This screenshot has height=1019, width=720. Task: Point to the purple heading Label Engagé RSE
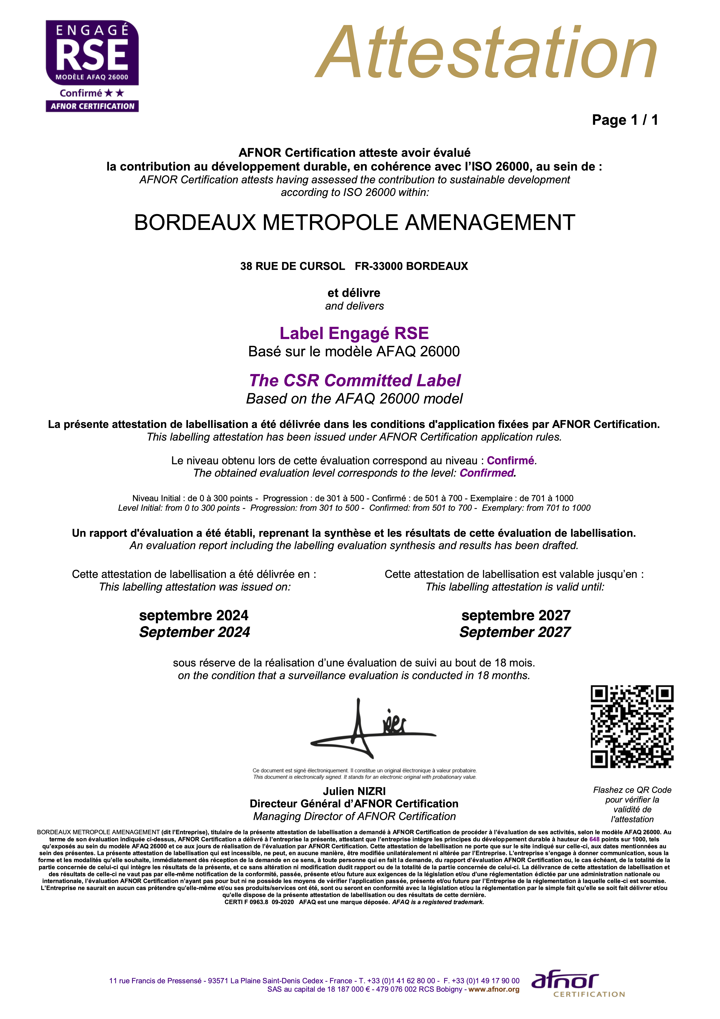click(x=354, y=333)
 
